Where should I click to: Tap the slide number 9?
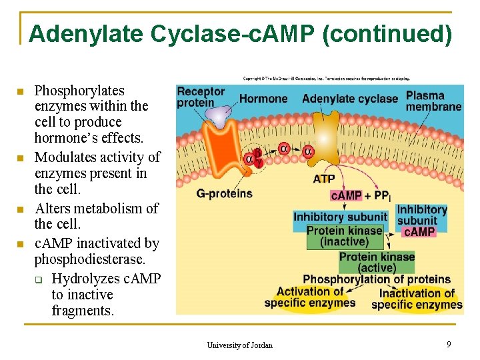449,344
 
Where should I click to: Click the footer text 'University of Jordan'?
239,345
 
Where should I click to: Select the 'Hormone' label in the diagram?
263,99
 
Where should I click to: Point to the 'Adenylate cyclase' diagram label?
349,99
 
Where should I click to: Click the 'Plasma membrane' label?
433,101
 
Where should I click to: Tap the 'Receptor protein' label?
201,97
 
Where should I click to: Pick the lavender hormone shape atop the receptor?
217,116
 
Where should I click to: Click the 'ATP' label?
324,179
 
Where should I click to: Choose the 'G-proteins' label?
225,193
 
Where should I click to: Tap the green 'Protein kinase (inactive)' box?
344,236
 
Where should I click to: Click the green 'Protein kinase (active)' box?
377,262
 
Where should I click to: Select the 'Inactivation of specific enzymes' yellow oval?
417,299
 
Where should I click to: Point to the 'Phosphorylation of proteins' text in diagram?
377,279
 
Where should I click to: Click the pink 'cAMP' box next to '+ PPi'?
346,195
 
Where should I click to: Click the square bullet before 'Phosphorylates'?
20,91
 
